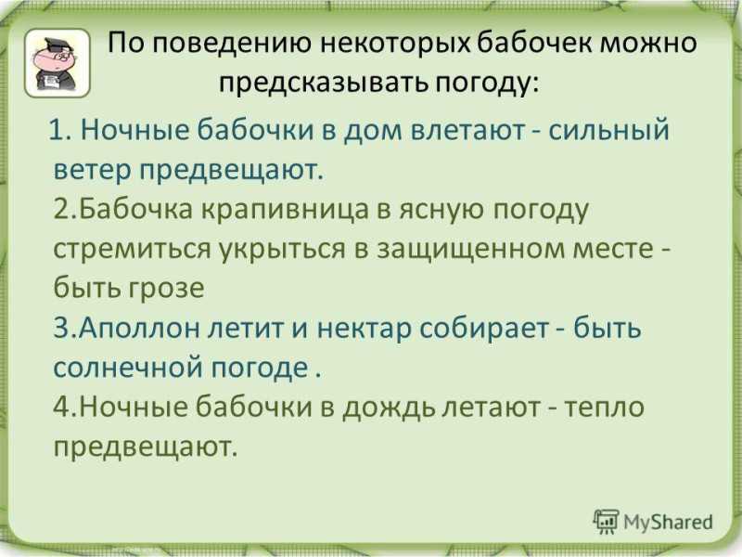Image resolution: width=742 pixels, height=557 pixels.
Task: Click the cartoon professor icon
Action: [58, 63]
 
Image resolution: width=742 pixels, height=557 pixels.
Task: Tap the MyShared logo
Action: [653, 522]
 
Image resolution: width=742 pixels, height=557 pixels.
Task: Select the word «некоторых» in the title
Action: [396, 43]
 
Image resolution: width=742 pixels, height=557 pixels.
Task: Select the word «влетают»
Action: [469, 129]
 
